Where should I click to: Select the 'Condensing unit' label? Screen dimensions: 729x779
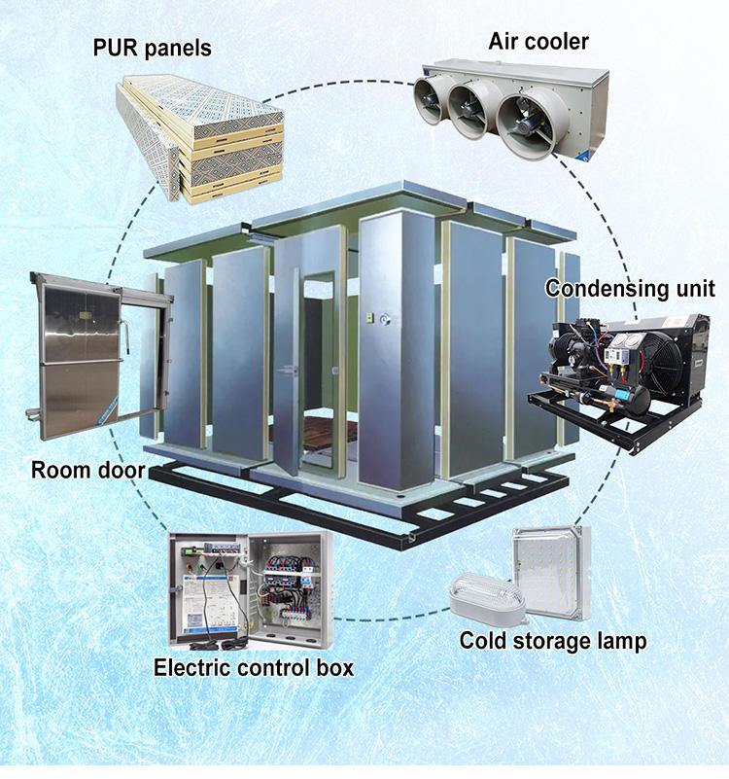(629, 289)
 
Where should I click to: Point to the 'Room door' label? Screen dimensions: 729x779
(88, 472)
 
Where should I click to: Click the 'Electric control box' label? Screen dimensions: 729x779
(254, 668)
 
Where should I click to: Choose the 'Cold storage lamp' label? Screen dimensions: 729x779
(552, 641)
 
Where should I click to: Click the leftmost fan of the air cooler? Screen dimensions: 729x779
(429, 97)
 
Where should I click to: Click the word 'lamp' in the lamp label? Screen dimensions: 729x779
(620, 641)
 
